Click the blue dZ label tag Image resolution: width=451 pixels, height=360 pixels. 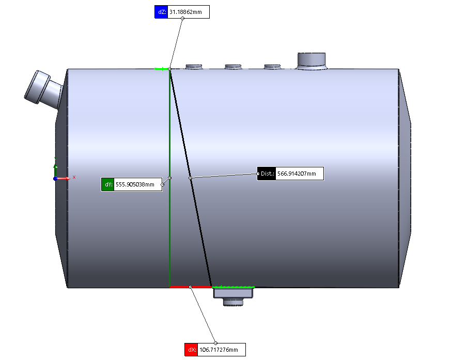click(161, 12)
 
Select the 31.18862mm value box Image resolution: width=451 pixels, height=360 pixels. click(189, 12)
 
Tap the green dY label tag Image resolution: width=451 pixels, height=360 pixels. click(108, 184)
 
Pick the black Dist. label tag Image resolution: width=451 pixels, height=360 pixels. click(267, 174)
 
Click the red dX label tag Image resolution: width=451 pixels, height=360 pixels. click(191, 350)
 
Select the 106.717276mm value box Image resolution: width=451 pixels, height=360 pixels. click(222, 350)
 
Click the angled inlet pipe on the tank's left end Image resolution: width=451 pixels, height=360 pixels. click(44, 88)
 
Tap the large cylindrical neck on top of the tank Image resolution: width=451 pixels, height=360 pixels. click(312, 61)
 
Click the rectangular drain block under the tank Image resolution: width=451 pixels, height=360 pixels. click(233, 293)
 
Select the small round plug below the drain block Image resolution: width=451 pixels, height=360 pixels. click(234, 302)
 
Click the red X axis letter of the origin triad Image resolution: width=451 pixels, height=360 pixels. click(74, 177)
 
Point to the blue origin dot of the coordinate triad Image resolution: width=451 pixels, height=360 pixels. click(55, 179)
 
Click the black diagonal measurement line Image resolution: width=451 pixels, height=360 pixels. click(191, 178)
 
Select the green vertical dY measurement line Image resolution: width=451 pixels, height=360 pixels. click(169, 178)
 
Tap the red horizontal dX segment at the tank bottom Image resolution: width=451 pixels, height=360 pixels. click(191, 287)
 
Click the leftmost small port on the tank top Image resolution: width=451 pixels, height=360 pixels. click(194, 67)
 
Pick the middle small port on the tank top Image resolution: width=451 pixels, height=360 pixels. click(233, 67)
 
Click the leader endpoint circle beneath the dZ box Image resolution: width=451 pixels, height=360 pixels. click(183, 19)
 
